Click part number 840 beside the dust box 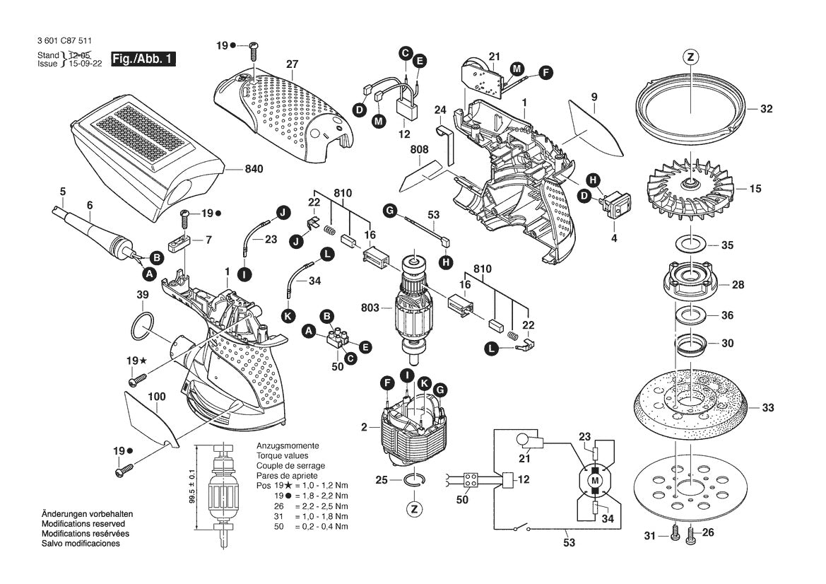pos(254,169)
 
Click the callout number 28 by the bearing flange pos(738,285)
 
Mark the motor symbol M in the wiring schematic pos(594,480)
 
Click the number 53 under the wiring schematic pos(569,543)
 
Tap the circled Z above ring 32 pos(690,57)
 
